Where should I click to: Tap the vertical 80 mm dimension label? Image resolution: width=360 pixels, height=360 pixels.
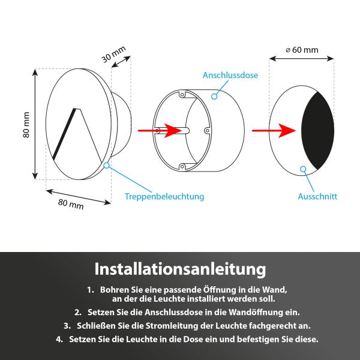point(26,125)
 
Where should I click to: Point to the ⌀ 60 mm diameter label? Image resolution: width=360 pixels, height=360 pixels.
point(302,50)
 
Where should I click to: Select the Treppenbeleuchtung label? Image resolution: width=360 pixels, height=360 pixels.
point(164,196)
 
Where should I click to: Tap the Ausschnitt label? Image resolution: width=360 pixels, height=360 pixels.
point(317,196)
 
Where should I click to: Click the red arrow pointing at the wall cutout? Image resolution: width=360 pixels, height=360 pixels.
point(276,130)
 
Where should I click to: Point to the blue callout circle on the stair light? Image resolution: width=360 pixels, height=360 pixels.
point(106,165)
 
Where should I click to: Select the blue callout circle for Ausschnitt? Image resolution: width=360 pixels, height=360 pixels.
point(304,169)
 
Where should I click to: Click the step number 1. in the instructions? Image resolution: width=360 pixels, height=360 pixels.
point(91,289)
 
